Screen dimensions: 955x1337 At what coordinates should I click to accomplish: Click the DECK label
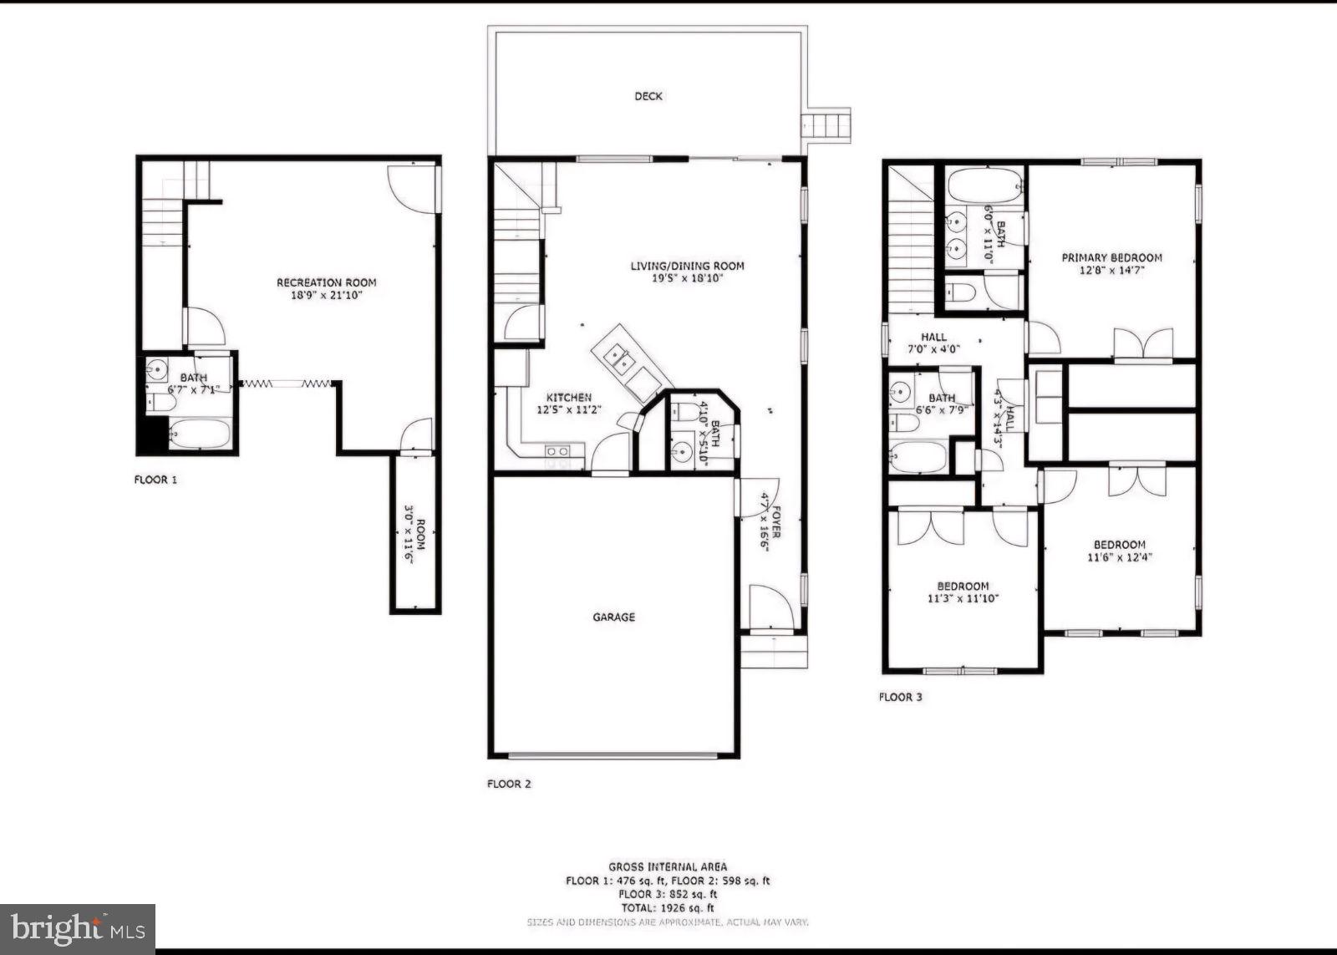tap(648, 96)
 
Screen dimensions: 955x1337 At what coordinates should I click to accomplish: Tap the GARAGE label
tap(613, 617)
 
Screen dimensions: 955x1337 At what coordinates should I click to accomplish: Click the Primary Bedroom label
tap(1111, 257)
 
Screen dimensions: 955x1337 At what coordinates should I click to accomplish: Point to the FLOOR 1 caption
tap(155, 480)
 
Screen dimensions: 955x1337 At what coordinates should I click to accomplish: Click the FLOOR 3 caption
tap(900, 696)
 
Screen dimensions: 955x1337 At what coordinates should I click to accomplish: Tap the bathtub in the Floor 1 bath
tap(200, 434)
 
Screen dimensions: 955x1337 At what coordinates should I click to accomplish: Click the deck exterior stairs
tap(826, 124)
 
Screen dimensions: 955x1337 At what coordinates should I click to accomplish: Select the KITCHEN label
tap(568, 398)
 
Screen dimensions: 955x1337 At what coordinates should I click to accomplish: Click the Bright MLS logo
tap(77, 929)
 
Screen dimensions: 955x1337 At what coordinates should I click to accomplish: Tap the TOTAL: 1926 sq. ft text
tap(667, 907)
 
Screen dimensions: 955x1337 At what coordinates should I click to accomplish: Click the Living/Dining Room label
tap(687, 266)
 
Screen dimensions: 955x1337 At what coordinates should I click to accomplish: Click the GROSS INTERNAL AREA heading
tap(667, 866)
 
